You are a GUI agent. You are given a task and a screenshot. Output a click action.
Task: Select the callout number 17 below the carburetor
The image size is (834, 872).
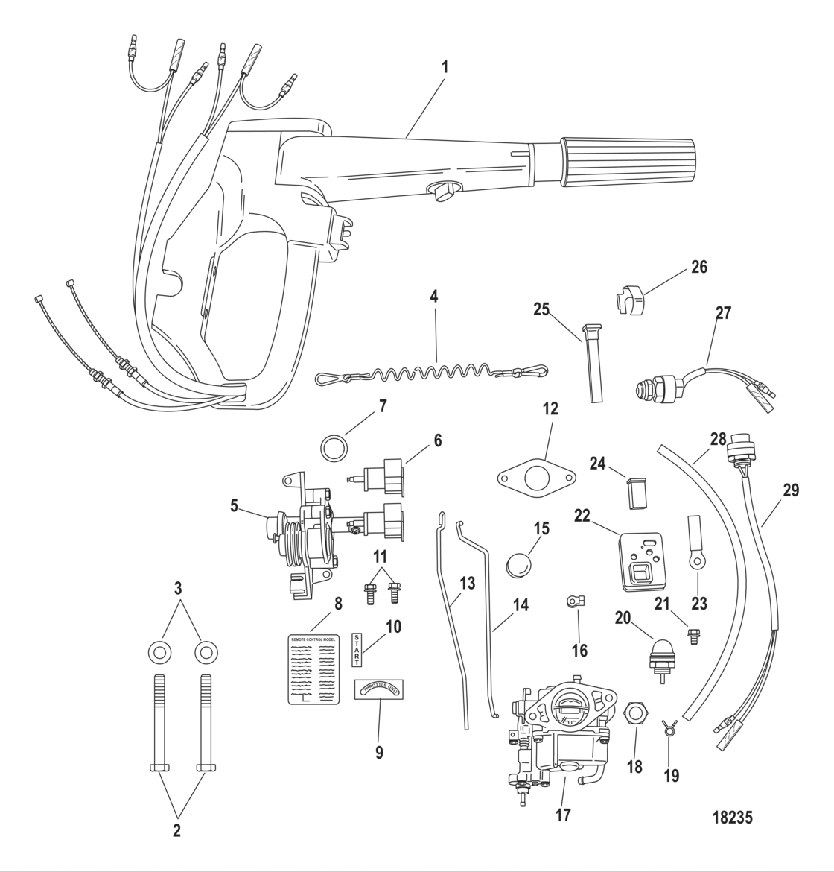563,815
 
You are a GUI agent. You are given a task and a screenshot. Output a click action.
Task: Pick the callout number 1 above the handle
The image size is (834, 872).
445,66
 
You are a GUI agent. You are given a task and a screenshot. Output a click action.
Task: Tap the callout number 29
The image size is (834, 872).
790,490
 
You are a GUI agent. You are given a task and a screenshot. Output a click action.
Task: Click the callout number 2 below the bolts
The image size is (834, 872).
176,830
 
